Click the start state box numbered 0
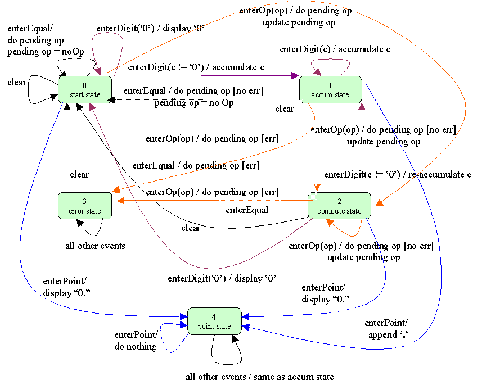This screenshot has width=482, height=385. (85, 90)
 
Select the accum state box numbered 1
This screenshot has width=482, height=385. (330, 90)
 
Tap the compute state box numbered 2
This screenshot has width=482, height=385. (339, 206)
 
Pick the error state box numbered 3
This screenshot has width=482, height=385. (85, 206)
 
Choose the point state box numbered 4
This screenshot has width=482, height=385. (214, 321)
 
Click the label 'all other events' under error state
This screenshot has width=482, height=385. (96, 246)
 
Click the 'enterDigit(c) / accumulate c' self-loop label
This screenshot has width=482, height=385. (335, 49)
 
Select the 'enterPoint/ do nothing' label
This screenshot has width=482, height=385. (136, 341)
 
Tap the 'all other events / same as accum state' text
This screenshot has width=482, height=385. (259, 377)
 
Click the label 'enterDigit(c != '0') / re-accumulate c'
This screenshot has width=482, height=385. (398, 174)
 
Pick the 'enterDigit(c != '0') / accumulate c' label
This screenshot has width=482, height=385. (196, 68)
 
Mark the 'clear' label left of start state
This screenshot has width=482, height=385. (17, 83)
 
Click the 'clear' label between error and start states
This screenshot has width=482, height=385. (79, 174)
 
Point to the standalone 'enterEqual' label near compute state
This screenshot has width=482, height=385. (246, 210)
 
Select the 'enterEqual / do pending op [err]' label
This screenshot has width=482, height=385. (196, 166)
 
